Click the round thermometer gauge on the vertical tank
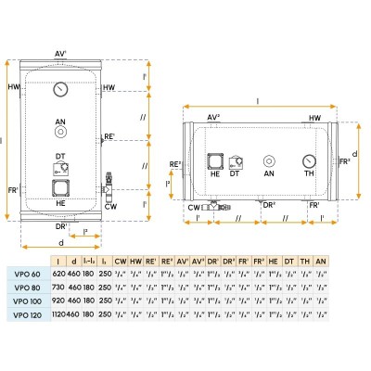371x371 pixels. [61, 91]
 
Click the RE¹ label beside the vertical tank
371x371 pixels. [109, 137]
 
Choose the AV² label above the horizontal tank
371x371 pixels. [213, 117]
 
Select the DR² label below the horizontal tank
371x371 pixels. [268, 204]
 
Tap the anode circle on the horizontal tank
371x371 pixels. [269, 160]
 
